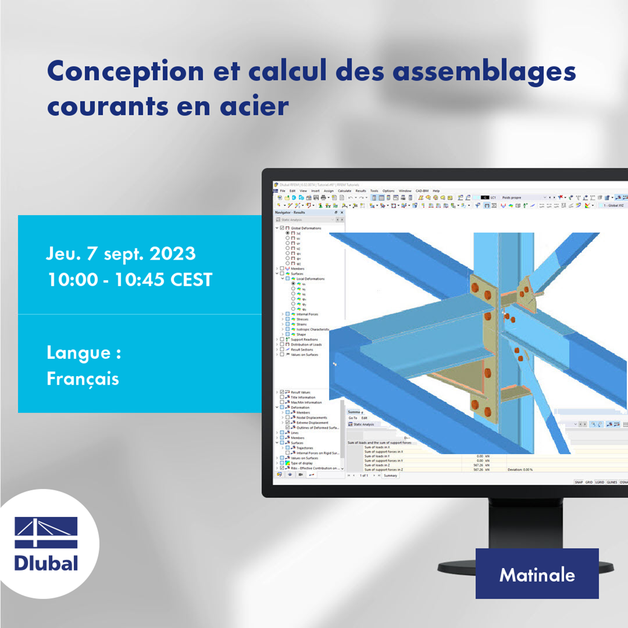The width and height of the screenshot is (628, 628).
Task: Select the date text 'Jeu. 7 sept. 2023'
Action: point(121,253)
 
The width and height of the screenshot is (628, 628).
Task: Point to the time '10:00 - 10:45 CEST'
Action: point(129,280)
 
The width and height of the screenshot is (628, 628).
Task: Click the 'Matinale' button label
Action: point(537,574)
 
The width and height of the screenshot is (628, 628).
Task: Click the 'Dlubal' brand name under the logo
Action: point(46,563)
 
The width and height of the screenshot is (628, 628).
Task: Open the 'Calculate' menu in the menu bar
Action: point(344,191)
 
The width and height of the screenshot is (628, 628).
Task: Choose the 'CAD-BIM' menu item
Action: point(422,191)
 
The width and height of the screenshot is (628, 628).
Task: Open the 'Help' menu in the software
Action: point(437,191)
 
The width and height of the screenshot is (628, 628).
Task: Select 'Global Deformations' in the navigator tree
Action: point(308,228)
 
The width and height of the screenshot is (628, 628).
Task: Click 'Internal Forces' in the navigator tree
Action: point(307,314)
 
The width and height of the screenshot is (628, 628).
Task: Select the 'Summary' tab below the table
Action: point(390,476)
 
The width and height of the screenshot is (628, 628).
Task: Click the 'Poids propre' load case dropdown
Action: point(522,197)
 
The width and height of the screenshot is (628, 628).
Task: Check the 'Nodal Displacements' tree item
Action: point(312,417)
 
